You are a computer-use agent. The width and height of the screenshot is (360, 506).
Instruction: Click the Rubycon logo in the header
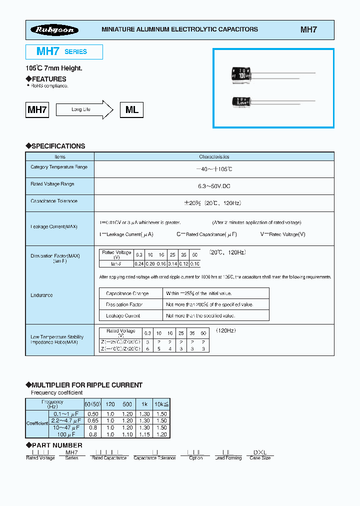[54, 30]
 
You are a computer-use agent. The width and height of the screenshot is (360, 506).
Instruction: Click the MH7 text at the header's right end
[308, 29]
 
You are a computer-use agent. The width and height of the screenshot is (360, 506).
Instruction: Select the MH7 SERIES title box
[64, 51]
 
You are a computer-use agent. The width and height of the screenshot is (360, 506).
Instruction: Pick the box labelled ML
[131, 109]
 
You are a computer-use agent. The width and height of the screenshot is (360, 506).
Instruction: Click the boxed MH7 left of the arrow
[37, 109]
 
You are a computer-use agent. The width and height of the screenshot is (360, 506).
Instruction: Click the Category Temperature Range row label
[59, 167]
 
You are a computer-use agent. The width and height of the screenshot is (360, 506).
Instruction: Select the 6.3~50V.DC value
[214, 186]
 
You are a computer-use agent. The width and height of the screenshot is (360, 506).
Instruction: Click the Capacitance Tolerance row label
[54, 201]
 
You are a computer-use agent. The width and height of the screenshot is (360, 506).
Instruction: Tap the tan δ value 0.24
[139, 263]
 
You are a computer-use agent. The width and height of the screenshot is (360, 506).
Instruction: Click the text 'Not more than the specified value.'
[200, 315]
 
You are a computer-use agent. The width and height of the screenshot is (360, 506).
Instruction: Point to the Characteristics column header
[214, 156]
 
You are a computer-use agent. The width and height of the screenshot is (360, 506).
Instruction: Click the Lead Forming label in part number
[228, 458]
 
